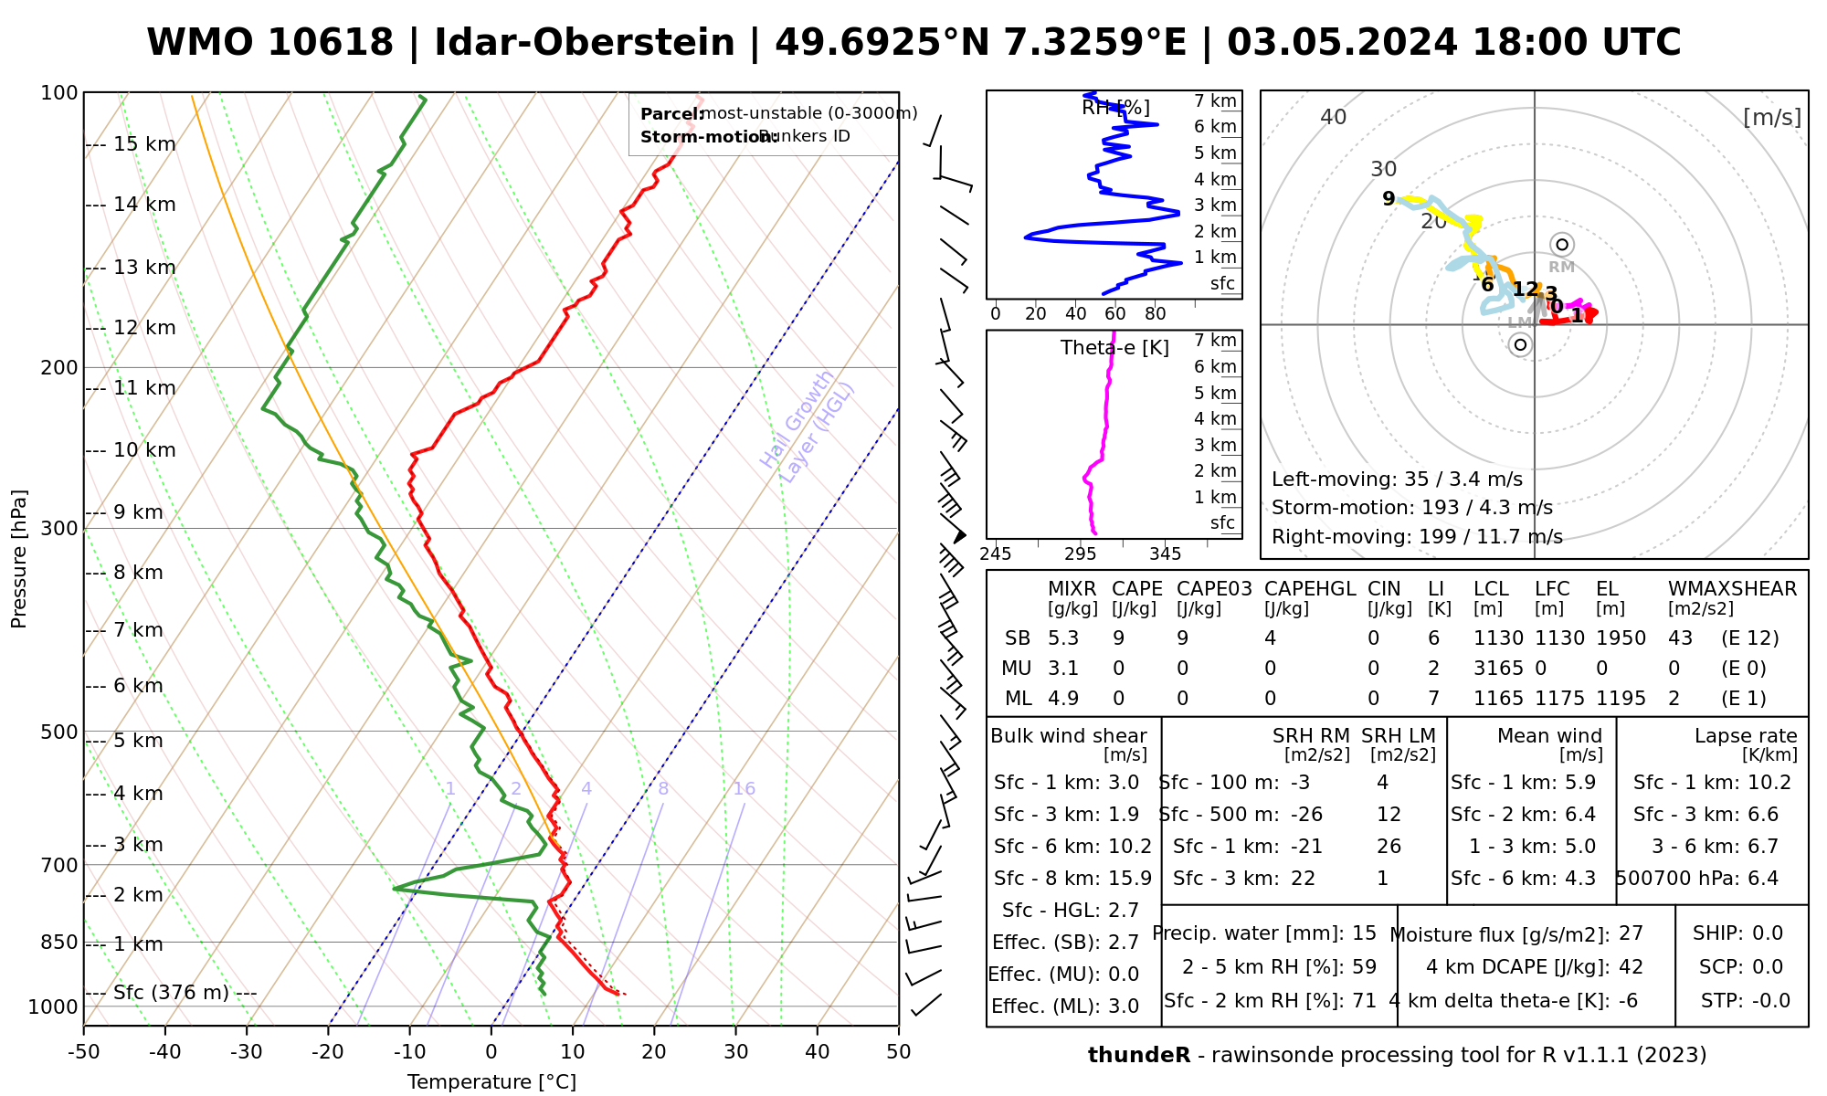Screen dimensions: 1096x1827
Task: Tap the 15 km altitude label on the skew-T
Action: pos(144,144)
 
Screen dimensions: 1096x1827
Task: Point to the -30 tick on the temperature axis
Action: pos(247,1052)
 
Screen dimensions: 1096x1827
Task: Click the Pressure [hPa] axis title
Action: pos(19,559)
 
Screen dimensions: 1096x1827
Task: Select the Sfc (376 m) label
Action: pos(171,993)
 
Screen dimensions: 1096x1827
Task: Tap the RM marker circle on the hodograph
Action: pos(1562,245)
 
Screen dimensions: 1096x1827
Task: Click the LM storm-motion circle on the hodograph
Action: pos(1520,344)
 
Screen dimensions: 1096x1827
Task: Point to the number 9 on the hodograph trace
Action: pos(1389,199)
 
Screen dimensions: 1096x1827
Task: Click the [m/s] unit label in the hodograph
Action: pos(1771,117)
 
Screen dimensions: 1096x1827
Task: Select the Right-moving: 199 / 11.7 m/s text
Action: pos(1417,537)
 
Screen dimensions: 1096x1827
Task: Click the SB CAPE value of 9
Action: pos(1118,638)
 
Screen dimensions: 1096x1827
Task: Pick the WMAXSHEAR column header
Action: pos(1732,589)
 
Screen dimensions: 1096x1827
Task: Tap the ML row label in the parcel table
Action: pos(1018,699)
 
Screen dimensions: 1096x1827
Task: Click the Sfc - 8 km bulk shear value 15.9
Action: pos(1129,879)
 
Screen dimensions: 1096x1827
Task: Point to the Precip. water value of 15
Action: pos(1364,933)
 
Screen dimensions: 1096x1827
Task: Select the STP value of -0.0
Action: pos(1770,1001)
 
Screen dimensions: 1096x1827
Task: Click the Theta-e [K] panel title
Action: pos(1114,348)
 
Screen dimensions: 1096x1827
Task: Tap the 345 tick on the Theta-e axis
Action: pos(1165,554)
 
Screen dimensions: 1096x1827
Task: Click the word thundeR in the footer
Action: pos(1138,1056)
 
